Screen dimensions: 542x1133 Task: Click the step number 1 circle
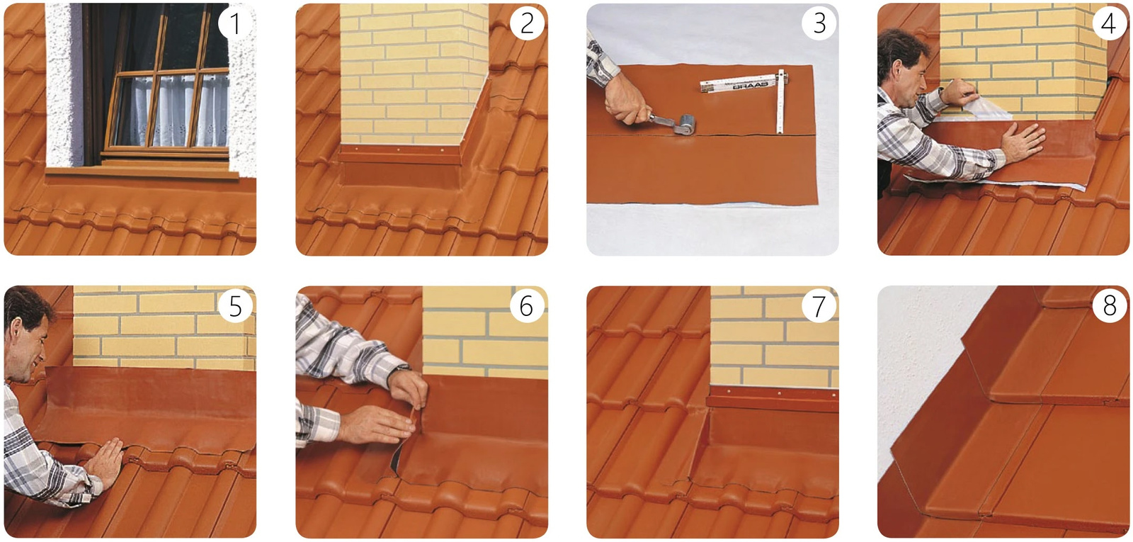pyautogui.click(x=235, y=23)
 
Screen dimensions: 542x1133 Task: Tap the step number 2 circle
pyautogui.click(x=527, y=23)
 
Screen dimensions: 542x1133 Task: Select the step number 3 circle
pyautogui.click(x=819, y=23)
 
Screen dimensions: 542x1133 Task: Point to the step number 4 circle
pyautogui.click(x=1109, y=23)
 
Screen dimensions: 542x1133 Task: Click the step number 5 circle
pyautogui.click(x=235, y=306)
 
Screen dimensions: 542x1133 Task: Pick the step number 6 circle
pyautogui.click(x=526, y=306)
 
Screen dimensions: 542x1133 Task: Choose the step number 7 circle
pyautogui.click(x=819, y=306)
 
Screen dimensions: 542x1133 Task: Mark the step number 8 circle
pyautogui.click(x=1109, y=306)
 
